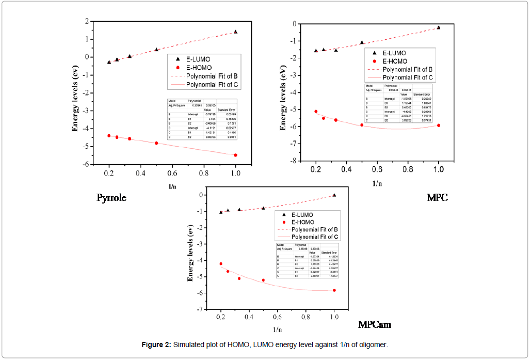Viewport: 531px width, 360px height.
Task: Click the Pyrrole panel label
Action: pos(111,198)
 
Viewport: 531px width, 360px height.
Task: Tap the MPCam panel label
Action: pos(374,324)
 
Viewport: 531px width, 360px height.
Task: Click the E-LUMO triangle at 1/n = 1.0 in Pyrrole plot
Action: pos(235,32)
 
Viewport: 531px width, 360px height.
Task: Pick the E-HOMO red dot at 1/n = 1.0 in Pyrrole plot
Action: pos(235,155)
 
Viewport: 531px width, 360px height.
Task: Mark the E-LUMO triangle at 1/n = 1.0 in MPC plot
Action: pos(439,27)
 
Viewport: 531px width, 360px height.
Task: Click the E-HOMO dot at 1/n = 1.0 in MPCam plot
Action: pos(334,290)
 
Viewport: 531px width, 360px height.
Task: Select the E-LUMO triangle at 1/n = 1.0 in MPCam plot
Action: pos(334,195)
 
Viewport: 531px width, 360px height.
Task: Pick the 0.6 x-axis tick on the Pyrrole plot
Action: pos(172,173)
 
